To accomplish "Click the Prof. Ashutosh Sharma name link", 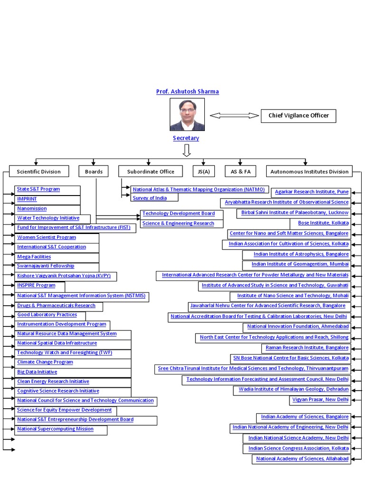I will pos(187,92).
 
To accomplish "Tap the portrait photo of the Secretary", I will pos(187,114).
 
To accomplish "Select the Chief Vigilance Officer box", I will pos(298,115).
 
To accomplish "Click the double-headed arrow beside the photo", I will pos(234,115).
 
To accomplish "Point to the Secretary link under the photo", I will pos(186,138).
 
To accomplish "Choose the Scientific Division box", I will pos(38,171).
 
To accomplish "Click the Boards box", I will pos(94,171).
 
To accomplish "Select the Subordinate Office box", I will pos(151,171).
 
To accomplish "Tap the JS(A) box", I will pos(203,171).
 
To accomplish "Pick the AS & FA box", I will pos(240,171).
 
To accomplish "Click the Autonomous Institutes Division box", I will pos(309,171).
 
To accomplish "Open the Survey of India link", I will pos(150,198).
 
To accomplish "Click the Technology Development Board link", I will pos(178,214).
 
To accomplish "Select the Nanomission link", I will pos(32,208).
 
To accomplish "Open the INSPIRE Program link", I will pos(36,285).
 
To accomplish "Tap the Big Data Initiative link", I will pos(37,372).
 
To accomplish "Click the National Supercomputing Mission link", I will pos(55,429).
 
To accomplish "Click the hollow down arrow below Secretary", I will pos(186,150).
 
